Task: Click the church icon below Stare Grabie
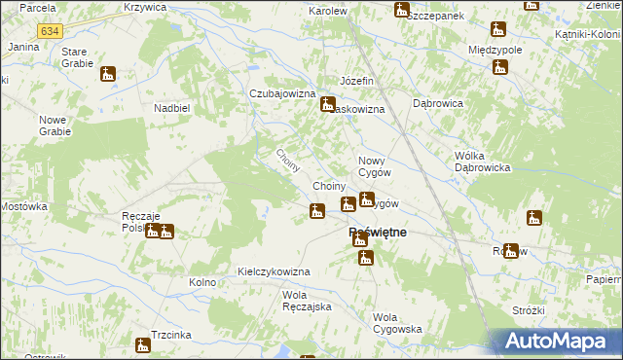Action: tap(107, 73)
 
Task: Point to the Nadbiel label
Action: tap(171, 108)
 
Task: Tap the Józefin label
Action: tap(356, 80)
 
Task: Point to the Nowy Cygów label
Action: tap(375, 165)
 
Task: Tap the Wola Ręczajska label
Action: tap(307, 301)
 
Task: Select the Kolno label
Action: tap(202, 283)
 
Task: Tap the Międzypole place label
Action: tap(495, 49)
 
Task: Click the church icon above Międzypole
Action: tap(498, 29)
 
